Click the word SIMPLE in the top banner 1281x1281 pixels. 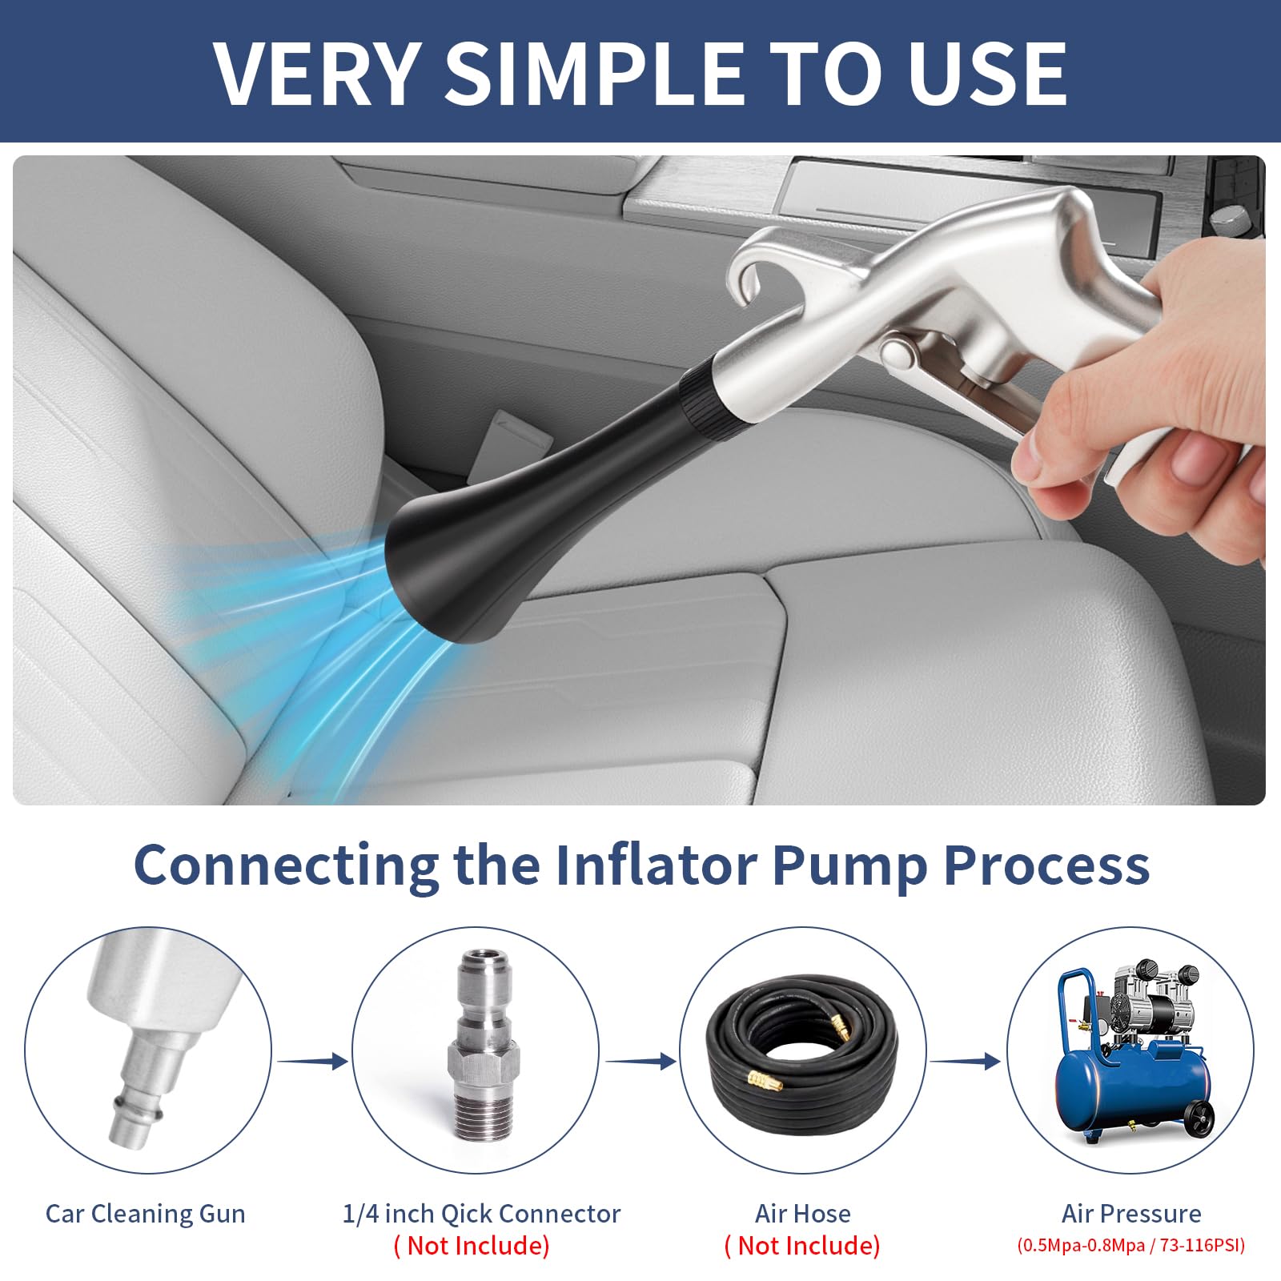pos(594,73)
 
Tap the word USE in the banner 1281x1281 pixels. pos(987,73)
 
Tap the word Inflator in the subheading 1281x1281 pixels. pos(656,865)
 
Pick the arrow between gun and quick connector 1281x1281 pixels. pos(313,1061)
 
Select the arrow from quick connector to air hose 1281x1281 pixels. pos(640,1061)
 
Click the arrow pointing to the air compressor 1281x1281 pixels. pos(966,1061)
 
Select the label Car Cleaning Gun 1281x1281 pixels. pos(146,1214)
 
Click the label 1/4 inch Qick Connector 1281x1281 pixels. pos(481,1214)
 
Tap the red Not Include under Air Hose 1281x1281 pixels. pos(802,1246)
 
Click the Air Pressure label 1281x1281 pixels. pos(1131,1214)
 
